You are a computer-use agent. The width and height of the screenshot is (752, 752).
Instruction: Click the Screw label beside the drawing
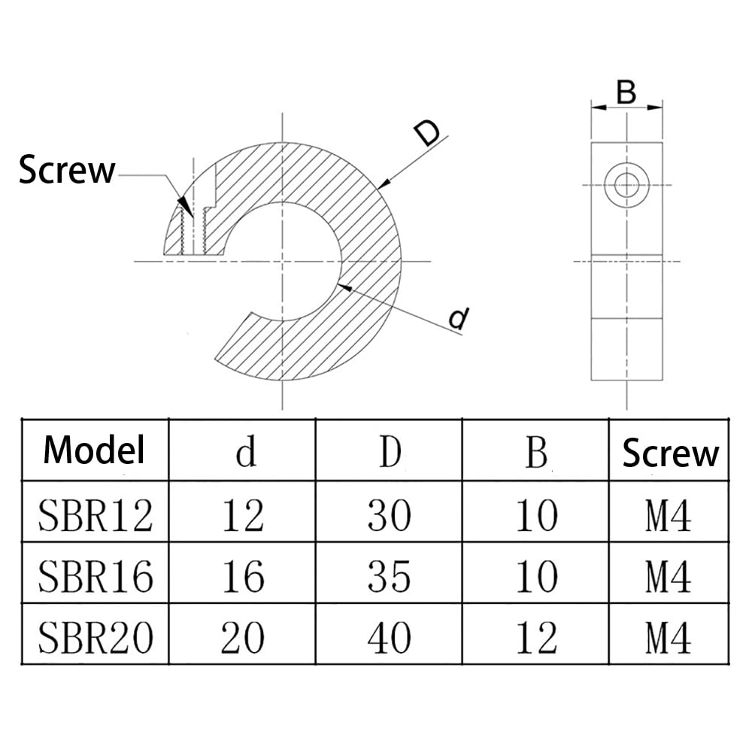tap(67, 170)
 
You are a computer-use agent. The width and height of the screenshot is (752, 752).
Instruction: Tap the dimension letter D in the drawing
tap(427, 133)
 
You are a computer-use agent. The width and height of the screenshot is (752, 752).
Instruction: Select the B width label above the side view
tap(626, 92)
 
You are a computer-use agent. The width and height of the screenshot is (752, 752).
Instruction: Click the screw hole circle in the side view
tap(626, 183)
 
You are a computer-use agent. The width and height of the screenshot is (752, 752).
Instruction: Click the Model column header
tap(94, 450)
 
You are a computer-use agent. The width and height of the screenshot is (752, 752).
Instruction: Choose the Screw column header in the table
tap(670, 453)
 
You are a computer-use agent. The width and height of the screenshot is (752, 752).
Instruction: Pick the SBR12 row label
tap(96, 516)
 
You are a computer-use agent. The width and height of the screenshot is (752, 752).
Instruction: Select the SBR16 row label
tap(96, 577)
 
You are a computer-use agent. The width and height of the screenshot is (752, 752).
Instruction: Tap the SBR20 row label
tap(96, 638)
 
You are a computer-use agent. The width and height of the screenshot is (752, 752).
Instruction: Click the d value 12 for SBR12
tap(243, 516)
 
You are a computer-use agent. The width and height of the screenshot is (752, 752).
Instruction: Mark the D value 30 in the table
tap(390, 516)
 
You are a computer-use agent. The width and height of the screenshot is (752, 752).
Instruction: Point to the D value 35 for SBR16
tap(390, 577)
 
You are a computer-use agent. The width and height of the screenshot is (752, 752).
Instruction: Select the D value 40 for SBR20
tap(390, 638)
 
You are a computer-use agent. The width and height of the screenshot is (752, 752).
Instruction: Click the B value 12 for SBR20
tap(536, 638)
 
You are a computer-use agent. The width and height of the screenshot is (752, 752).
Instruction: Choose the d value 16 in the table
tap(243, 577)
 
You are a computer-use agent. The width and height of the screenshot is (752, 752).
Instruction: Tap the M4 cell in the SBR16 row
tap(668, 577)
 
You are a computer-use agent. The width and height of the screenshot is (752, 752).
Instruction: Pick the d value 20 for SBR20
tap(243, 638)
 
